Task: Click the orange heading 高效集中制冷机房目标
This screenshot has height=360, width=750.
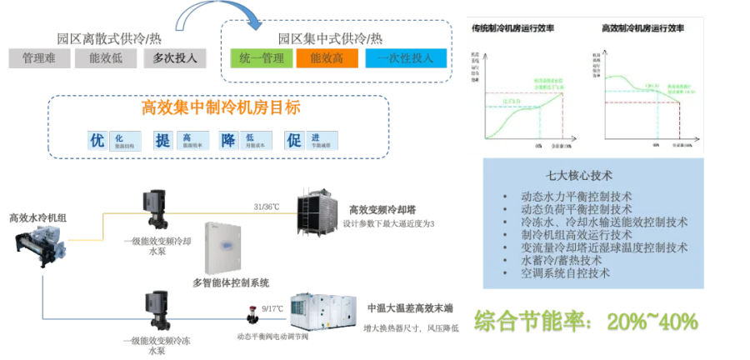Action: [219, 108]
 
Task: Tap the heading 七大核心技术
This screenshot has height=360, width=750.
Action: [579, 177]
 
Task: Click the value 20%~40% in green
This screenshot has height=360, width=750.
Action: [652, 321]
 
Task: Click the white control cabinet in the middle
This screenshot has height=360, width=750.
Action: [224, 246]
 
